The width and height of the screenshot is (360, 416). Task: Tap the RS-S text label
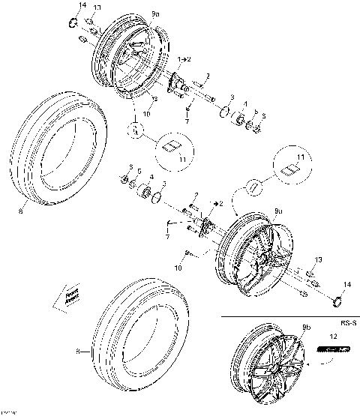[x=346, y=325]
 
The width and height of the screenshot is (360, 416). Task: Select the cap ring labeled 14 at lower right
[x=336, y=301]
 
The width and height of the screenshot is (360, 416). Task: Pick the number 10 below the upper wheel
[x=147, y=114]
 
